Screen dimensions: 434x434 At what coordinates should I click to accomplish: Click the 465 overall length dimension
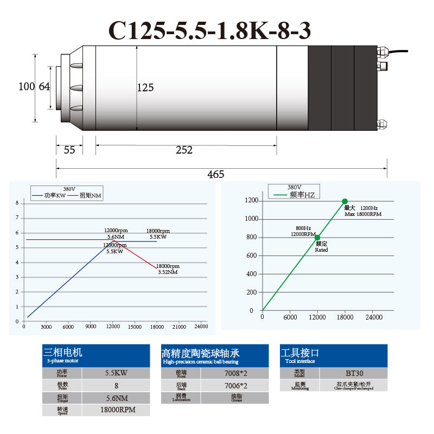pyautogui.click(x=215, y=174)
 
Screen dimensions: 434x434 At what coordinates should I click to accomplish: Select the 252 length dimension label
pyautogui.click(x=184, y=150)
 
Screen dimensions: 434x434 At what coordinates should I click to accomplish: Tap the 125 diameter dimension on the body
pyautogui.click(x=145, y=87)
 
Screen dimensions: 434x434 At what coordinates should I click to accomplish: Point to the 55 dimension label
pyautogui.click(x=69, y=150)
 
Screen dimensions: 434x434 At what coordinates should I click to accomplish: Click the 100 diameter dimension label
pyautogui.click(x=26, y=86)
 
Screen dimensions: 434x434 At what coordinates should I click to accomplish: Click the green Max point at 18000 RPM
pyautogui.click(x=344, y=201)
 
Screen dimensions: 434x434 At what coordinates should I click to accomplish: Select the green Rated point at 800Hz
pyautogui.click(x=317, y=238)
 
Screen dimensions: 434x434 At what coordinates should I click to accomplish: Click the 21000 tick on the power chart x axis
pyautogui.click(x=178, y=327)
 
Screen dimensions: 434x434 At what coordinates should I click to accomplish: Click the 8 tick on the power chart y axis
pyautogui.click(x=17, y=203)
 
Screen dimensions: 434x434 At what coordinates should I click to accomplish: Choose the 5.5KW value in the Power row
pyautogui.click(x=116, y=373)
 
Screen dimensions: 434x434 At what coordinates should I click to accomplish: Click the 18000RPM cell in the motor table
pyautogui.click(x=116, y=410)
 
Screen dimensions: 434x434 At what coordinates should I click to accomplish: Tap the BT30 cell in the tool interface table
pyautogui.click(x=354, y=373)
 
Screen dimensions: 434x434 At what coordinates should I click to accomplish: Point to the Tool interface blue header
pyautogui.click(x=334, y=355)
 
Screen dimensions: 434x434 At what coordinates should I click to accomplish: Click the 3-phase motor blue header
pyautogui.click(x=96, y=355)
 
